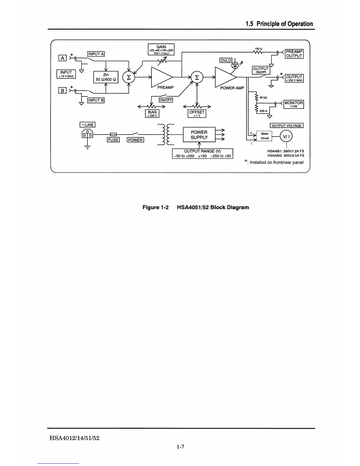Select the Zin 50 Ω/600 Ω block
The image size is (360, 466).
click(x=106, y=77)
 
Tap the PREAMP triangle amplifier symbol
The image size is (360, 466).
click(x=161, y=77)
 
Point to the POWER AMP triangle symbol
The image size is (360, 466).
click(x=225, y=77)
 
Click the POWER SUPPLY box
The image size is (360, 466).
click(x=199, y=135)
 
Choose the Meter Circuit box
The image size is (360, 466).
click(x=264, y=136)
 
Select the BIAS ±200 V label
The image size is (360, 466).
click(x=152, y=114)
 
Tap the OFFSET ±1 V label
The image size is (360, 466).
click(x=197, y=114)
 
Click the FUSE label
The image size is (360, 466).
click(x=113, y=140)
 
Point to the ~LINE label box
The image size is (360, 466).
click(x=87, y=125)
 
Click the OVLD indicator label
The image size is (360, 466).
click(x=226, y=61)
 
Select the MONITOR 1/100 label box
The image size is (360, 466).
click(x=294, y=104)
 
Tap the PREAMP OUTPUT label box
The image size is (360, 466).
click(x=294, y=54)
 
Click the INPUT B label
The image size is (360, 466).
click(x=96, y=100)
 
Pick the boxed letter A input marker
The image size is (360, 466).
click(x=62, y=58)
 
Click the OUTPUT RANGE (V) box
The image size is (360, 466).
click(x=202, y=154)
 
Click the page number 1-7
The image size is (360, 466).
click(x=180, y=447)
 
